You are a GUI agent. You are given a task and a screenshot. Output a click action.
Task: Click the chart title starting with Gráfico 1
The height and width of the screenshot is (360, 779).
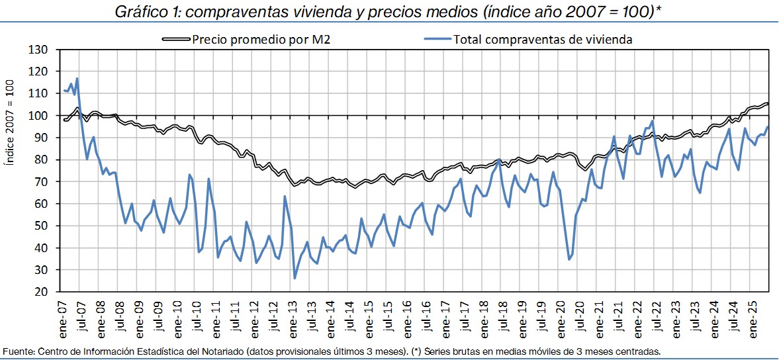coord(389,12)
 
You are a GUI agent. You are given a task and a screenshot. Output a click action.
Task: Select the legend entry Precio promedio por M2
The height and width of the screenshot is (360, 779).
coord(261,39)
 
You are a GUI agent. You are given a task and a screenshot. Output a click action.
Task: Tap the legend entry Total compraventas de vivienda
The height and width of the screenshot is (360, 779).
coord(543,39)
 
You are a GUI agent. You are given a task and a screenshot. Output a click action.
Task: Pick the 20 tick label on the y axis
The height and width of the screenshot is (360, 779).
coord(43,292)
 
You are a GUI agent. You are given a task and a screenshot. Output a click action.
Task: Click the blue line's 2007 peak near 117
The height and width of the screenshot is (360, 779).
coord(77,79)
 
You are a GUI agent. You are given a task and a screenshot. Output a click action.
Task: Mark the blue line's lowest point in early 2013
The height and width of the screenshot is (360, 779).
coord(295,278)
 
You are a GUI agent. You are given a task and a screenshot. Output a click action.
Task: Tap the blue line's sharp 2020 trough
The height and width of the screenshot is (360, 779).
coord(569,259)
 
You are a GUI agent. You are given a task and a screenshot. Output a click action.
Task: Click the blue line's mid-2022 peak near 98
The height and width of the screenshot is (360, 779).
coord(653,121)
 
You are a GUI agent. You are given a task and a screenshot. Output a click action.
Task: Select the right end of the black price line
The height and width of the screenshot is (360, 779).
coord(768,103)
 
